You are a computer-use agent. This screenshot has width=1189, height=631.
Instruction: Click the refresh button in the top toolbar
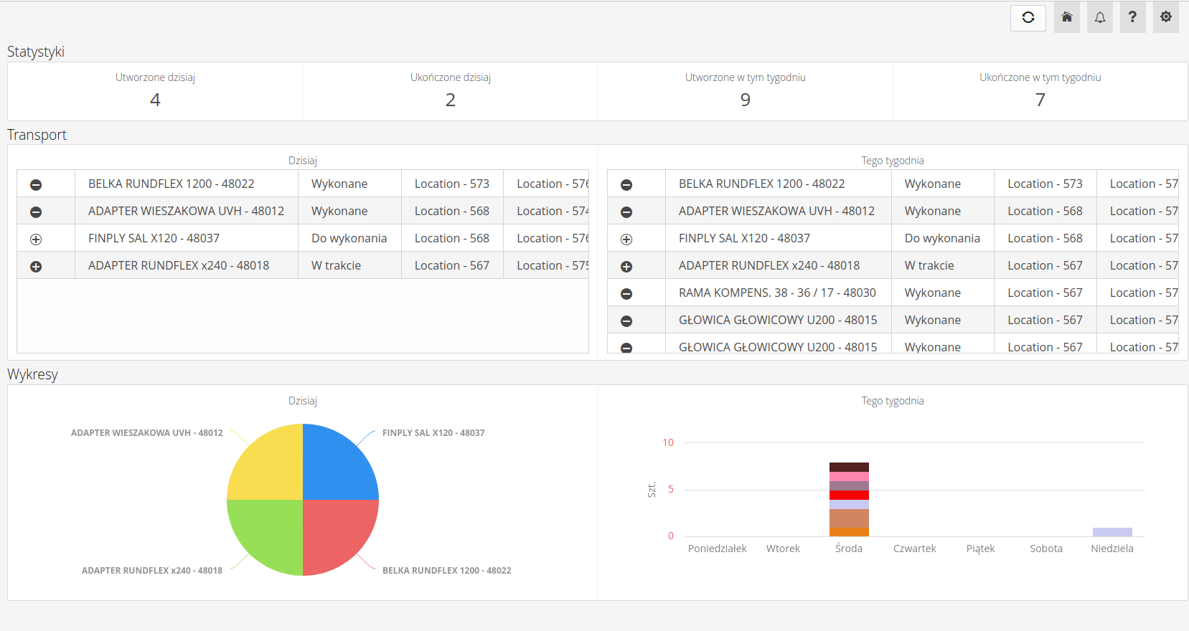tap(1028, 18)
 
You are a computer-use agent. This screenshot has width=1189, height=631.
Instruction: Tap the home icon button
tap(1067, 18)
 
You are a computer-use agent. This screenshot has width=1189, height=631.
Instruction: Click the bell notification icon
tap(1099, 18)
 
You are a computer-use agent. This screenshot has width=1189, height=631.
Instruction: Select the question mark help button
tap(1132, 18)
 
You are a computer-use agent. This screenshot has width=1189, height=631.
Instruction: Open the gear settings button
tap(1166, 18)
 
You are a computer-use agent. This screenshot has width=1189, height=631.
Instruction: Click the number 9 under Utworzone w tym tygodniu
tap(746, 100)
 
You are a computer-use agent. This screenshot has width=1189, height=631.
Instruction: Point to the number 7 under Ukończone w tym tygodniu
tap(1040, 100)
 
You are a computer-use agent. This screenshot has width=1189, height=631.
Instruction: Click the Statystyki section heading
tap(36, 52)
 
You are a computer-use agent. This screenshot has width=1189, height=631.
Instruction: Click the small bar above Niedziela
tap(1112, 532)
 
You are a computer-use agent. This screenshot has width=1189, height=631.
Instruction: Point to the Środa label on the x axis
tap(849, 549)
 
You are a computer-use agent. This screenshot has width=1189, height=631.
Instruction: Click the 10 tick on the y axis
tap(668, 442)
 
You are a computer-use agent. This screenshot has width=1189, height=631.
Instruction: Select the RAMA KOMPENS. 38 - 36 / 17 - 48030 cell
tap(777, 293)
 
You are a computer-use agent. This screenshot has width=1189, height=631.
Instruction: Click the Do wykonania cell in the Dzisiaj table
tap(349, 238)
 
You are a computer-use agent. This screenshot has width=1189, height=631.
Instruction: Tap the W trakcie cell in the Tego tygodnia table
tap(929, 265)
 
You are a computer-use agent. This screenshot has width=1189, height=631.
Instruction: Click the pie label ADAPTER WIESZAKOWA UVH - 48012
tap(146, 433)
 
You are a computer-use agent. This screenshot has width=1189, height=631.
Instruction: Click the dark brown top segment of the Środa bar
tap(849, 467)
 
